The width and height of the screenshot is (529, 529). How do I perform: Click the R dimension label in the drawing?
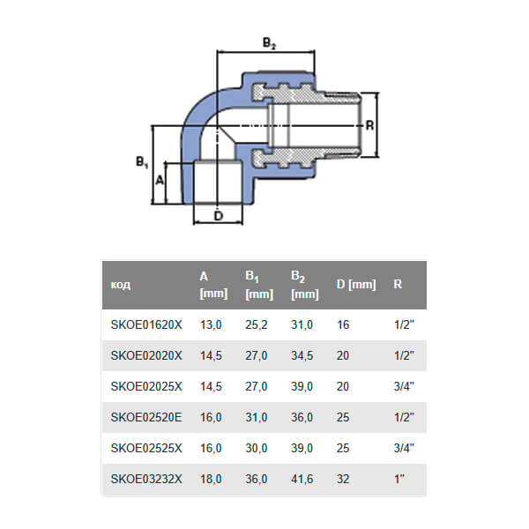[x=370, y=125]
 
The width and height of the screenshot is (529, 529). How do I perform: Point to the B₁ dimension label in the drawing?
[x=141, y=162]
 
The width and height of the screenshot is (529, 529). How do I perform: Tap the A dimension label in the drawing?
[x=160, y=179]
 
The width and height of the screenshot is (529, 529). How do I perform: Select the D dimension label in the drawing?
[x=220, y=214]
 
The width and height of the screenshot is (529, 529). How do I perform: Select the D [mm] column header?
[x=356, y=285]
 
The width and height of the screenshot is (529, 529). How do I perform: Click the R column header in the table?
[x=399, y=285]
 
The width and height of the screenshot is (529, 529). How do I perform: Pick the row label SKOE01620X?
[x=145, y=325]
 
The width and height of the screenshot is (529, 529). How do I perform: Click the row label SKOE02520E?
[x=145, y=418]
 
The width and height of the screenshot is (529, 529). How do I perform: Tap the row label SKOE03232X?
[x=145, y=480]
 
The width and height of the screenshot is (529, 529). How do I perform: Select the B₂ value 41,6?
[x=302, y=480]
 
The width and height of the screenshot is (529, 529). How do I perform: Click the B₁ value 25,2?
[x=257, y=325]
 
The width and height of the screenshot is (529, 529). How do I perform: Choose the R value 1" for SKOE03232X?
[x=399, y=480]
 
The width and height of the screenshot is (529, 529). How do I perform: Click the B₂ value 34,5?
[x=302, y=356]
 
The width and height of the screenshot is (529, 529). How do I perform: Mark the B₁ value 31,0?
[x=257, y=418]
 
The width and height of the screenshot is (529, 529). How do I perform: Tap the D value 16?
[x=343, y=325]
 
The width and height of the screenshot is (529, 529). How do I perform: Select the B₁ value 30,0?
[x=257, y=449]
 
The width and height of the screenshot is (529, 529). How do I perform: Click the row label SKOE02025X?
[x=145, y=387]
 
